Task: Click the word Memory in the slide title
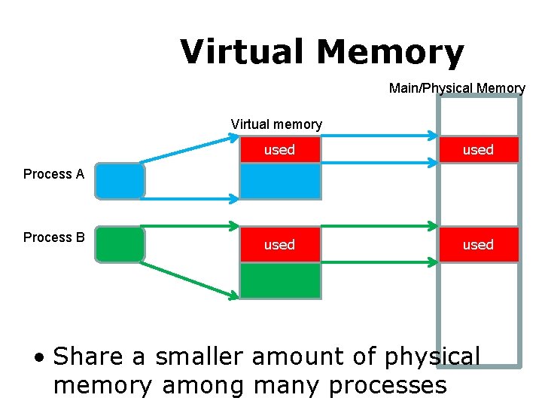click(x=390, y=52)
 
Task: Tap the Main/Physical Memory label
click(x=457, y=88)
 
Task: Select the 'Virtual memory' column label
click(x=276, y=124)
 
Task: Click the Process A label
click(x=53, y=174)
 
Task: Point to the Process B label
click(x=53, y=237)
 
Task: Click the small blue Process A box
click(x=120, y=181)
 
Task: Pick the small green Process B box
click(x=120, y=244)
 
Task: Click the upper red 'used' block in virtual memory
click(x=279, y=150)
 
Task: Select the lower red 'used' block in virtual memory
click(x=279, y=245)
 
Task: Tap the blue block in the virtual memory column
click(x=279, y=181)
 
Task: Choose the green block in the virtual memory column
click(x=279, y=280)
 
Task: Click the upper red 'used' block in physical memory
click(x=479, y=150)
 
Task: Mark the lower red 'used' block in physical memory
click(x=479, y=245)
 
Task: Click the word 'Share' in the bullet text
click(x=99, y=356)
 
